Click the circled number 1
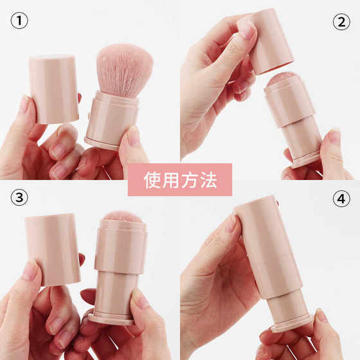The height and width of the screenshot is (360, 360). click(x=19, y=21)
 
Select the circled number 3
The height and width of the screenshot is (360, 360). click(x=19, y=198)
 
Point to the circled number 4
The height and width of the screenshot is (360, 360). click(x=341, y=199)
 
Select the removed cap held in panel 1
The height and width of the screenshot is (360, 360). click(x=54, y=89)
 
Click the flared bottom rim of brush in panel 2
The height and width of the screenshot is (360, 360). click(x=305, y=159)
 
